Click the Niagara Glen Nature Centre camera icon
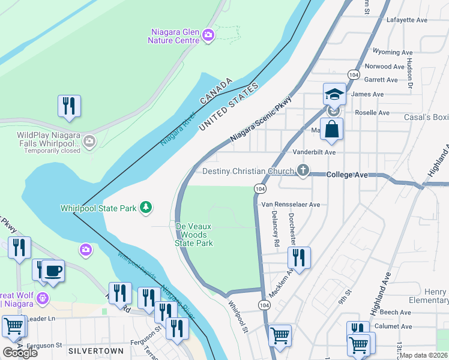click(208, 35)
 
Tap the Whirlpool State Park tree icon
click(145, 208)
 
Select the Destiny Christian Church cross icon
click(303, 170)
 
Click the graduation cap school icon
click(334, 94)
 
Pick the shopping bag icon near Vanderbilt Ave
click(331, 128)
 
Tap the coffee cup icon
click(53, 271)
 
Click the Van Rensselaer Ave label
click(291, 205)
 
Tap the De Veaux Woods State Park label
click(194, 234)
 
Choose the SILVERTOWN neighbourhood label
click(96, 350)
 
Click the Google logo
click(20, 352)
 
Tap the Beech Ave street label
click(394, 313)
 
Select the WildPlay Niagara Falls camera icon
click(89, 142)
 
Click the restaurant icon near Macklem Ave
click(298, 257)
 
